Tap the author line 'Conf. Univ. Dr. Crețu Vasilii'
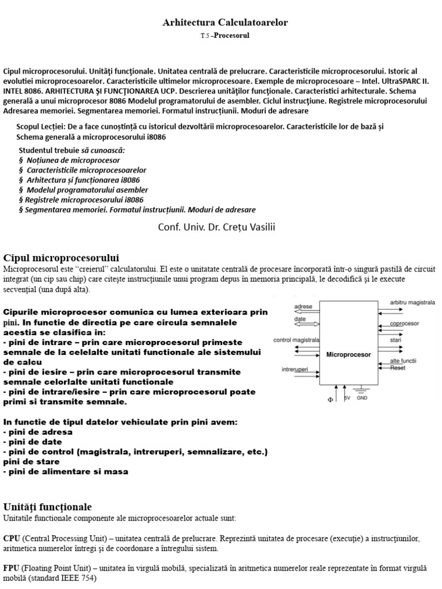point(216,227)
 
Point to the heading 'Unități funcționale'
point(47,506)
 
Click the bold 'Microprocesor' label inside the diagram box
point(349,354)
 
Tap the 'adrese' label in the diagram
point(303,307)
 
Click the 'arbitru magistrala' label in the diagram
point(412,302)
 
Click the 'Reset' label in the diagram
point(398,368)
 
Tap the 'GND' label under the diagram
point(362,397)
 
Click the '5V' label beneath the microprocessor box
point(347,397)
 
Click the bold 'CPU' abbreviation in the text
point(12,538)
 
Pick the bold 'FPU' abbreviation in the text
point(12,568)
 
